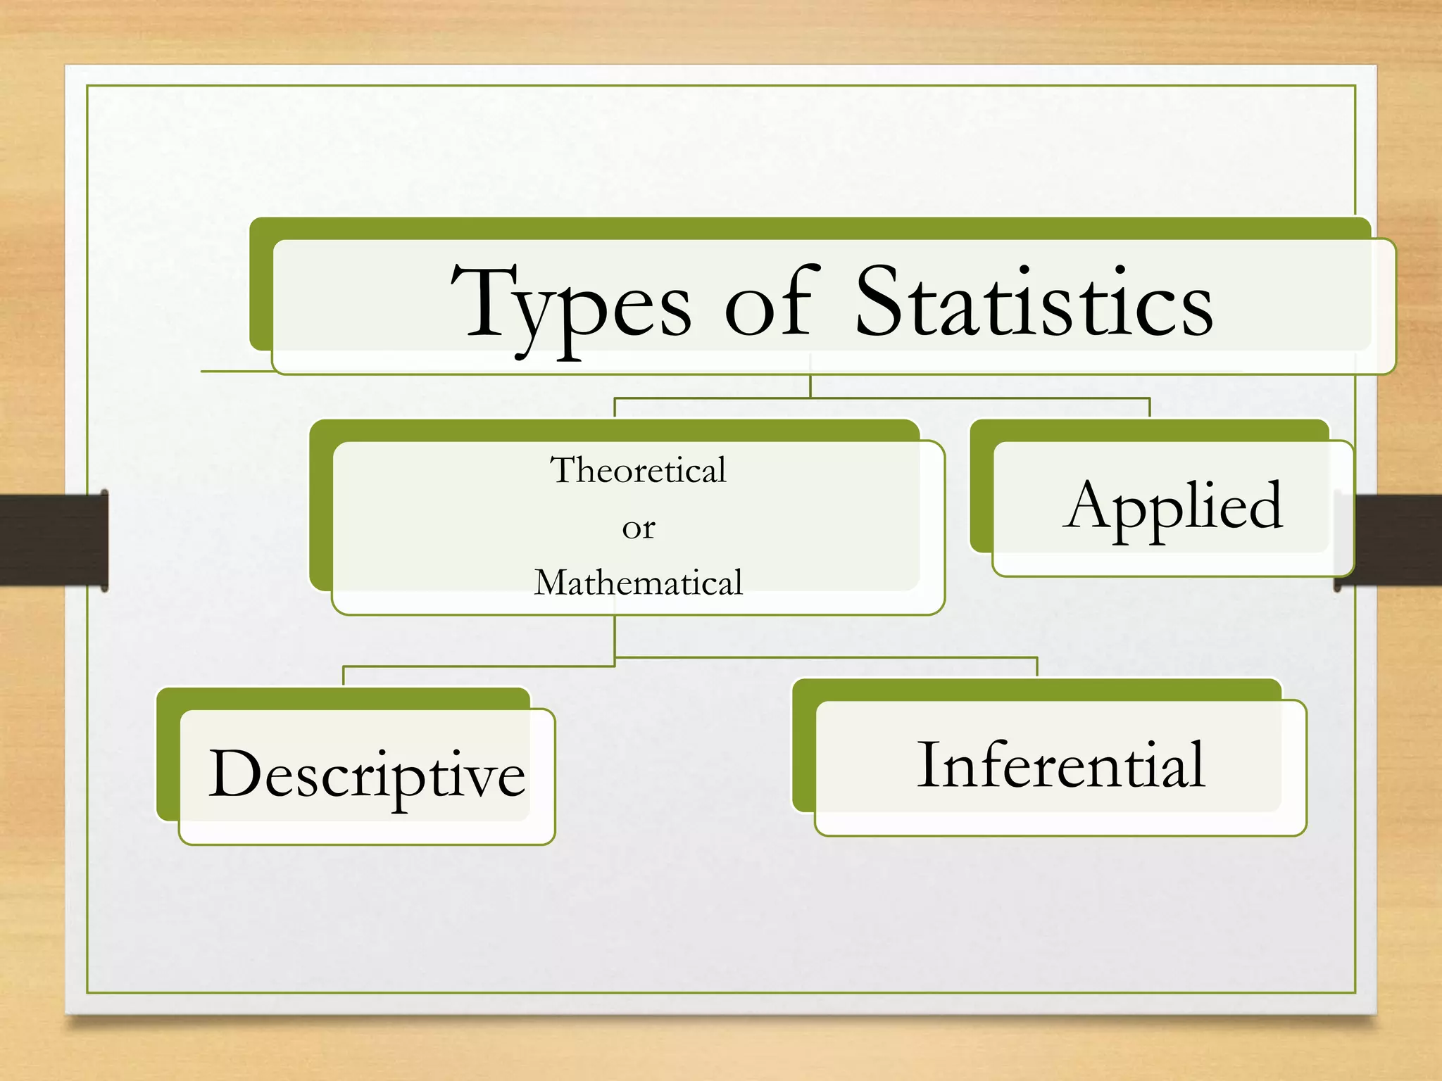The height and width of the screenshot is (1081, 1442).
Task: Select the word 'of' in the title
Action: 772,303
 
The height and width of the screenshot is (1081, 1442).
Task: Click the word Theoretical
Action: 638,470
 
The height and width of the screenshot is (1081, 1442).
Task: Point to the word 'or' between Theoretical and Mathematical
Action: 639,529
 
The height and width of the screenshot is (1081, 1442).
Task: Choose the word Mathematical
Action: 638,583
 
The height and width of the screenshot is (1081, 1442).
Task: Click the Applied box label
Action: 1173,507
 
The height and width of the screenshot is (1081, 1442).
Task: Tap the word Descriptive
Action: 367,774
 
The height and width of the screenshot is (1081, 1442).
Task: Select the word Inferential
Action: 1061,766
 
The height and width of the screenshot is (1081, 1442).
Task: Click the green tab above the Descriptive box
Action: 344,698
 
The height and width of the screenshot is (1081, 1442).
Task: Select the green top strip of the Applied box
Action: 1149,430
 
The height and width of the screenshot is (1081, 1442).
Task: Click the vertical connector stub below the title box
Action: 810,386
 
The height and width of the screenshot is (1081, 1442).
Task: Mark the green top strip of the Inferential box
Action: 1036,690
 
